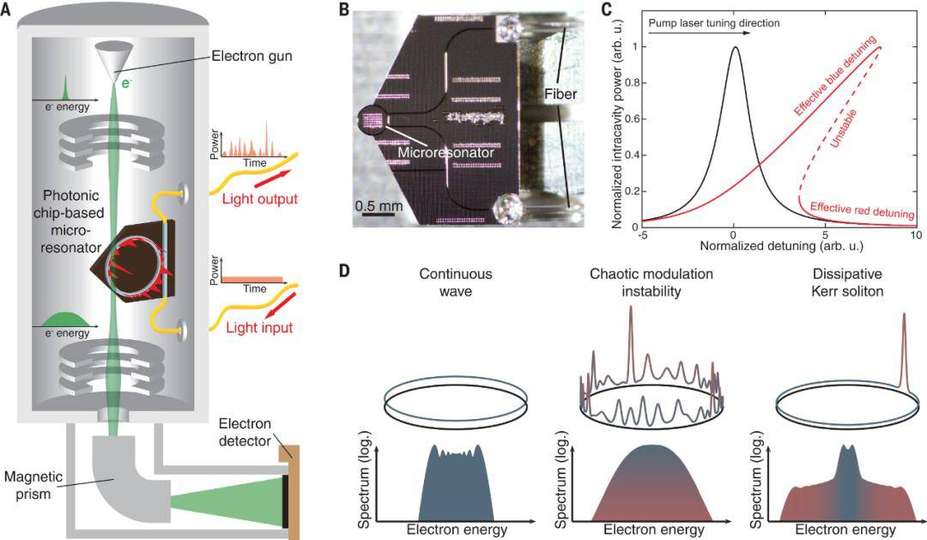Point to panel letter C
607,10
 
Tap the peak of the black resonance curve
736,48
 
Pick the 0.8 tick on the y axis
634,83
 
